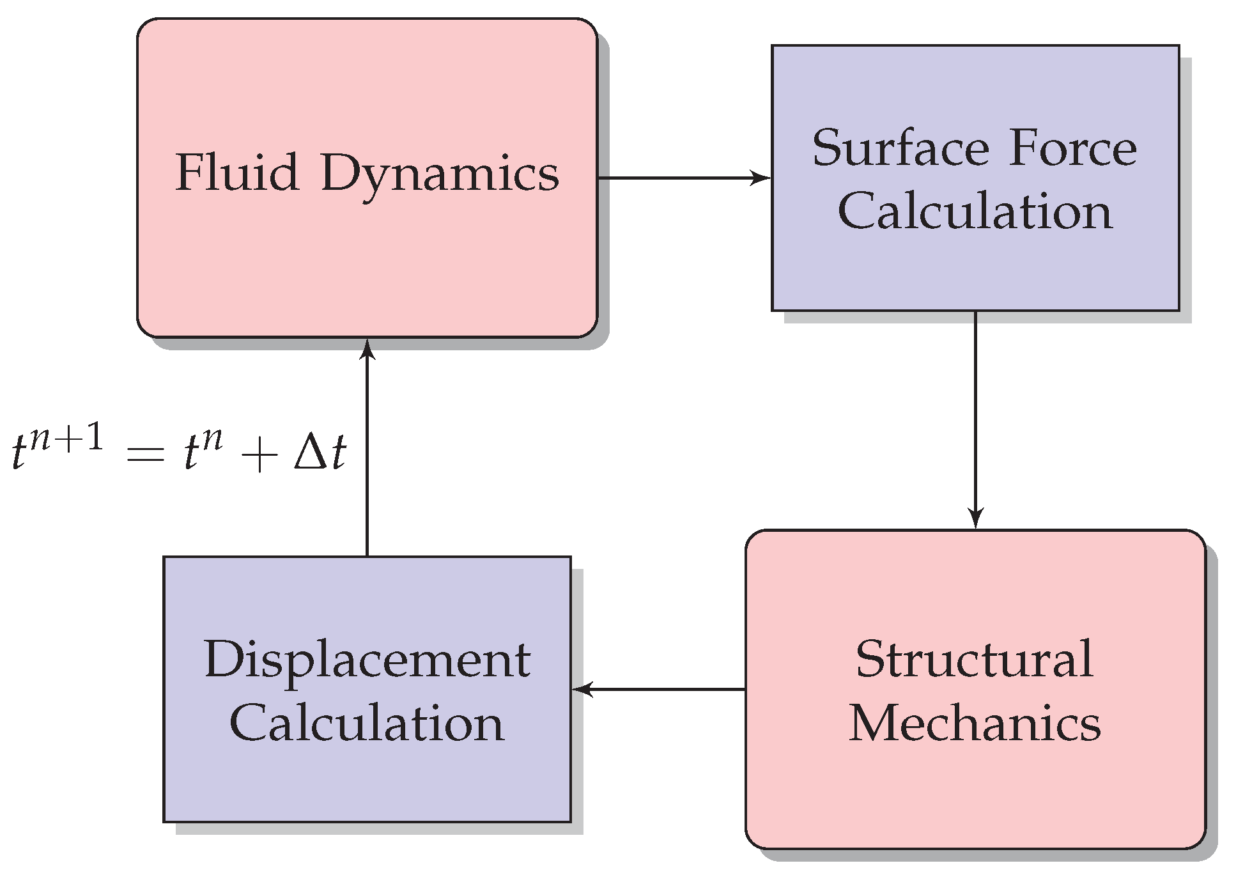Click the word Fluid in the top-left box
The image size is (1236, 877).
[237, 173]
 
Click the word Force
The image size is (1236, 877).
[1073, 148]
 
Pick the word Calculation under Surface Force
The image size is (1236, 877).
[975, 211]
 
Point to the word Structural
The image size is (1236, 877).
[975, 659]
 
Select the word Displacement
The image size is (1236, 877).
[367, 660]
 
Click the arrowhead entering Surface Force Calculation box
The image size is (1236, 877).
[762, 178]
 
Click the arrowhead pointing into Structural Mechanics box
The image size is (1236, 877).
[975, 518]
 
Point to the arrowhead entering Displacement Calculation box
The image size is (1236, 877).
[582, 689]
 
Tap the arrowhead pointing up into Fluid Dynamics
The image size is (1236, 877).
[367, 349]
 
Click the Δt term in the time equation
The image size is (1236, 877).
[320, 453]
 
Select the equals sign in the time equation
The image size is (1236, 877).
[146, 456]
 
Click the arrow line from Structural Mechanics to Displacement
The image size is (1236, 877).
[665, 689]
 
